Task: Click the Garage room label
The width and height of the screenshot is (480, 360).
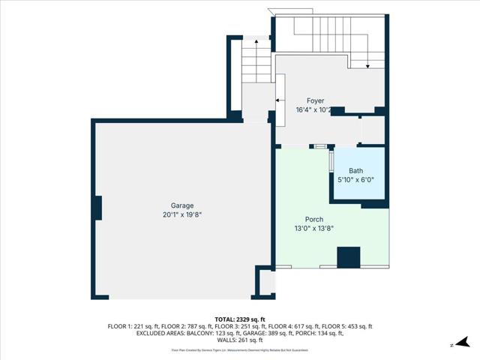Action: (x=181, y=205)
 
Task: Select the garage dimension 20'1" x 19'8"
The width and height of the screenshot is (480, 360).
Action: (x=181, y=214)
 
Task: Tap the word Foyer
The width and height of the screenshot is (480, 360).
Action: (x=315, y=100)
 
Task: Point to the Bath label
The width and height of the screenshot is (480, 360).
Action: (x=355, y=171)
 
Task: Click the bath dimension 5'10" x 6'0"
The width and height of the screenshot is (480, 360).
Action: (x=355, y=180)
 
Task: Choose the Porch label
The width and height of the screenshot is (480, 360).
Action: (x=314, y=219)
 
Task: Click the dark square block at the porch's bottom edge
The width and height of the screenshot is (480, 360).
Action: (x=348, y=257)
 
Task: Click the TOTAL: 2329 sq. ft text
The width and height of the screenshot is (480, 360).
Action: (x=240, y=319)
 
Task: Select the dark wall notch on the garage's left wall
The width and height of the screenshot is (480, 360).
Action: (x=97, y=207)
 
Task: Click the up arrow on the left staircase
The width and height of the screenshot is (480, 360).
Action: (x=256, y=43)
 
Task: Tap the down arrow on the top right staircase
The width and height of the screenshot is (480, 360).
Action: (x=367, y=67)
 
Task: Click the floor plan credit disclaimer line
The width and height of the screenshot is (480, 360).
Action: (x=240, y=349)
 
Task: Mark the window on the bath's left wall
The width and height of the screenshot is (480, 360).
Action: (x=331, y=162)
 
